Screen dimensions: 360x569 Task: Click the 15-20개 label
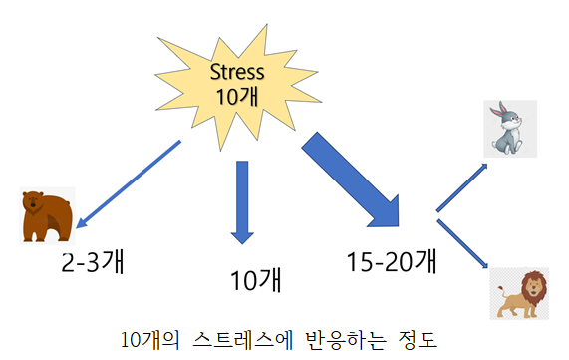pyautogui.click(x=393, y=262)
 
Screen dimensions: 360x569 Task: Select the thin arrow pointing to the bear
pyautogui.click(x=128, y=181)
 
